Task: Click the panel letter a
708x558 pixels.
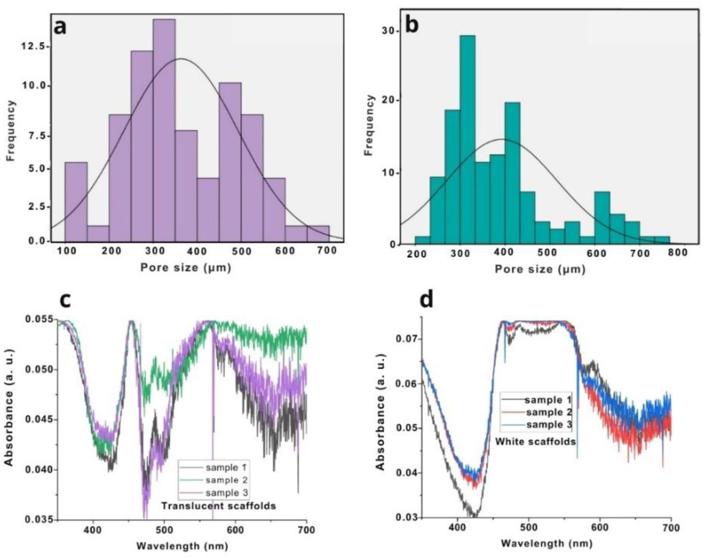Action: (x=60, y=26)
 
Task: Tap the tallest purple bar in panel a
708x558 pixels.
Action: (x=164, y=130)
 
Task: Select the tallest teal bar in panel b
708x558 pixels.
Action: (x=467, y=140)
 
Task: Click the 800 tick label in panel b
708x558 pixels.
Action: (x=678, y=253)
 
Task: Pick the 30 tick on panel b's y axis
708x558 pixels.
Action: (x=388, y=30)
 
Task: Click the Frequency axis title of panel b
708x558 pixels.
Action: (x=369, y=125)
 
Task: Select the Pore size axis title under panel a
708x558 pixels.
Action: (x=185, y=268)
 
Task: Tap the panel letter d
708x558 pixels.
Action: (x=426, y=299)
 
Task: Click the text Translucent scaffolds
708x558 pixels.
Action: (x=219, y=506)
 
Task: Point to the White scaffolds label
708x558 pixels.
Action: (x=535, y=441)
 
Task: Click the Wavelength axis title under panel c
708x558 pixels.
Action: (x=182, y=545)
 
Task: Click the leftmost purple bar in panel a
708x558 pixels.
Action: (x=76, y=202)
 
